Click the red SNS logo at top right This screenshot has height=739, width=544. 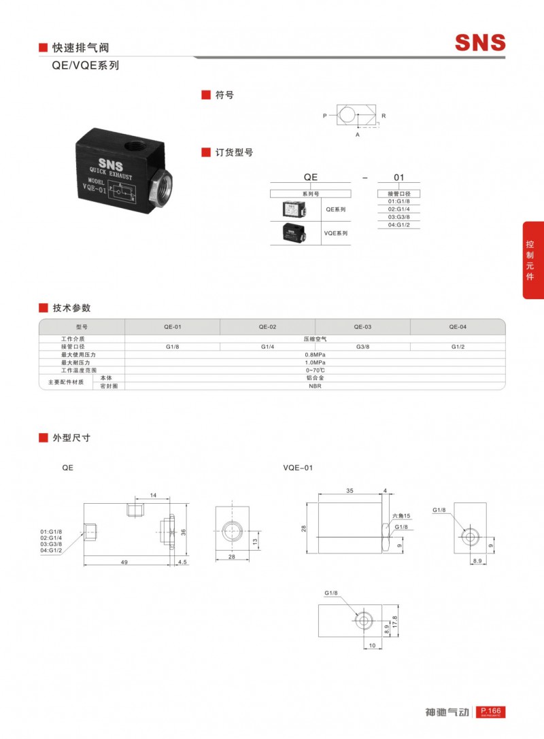[x=480, y=43]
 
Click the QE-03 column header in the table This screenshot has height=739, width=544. [x=362, y=326]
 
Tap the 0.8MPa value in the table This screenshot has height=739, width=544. [x=315, y=354]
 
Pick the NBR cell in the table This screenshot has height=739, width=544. [x=315, y=385]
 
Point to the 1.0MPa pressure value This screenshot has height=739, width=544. [x=315, y=362]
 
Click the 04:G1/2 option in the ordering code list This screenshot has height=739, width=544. [x=399, y=224]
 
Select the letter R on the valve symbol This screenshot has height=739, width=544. [x=384, y=116]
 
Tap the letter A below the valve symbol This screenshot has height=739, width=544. [x=357, y=135]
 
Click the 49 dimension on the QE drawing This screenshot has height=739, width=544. [x=125, y=562]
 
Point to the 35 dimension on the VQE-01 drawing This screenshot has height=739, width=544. [x=350, y=489]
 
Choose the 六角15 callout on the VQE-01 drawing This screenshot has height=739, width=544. [x=401, y=517]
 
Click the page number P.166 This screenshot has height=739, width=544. [x=490, y=710]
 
